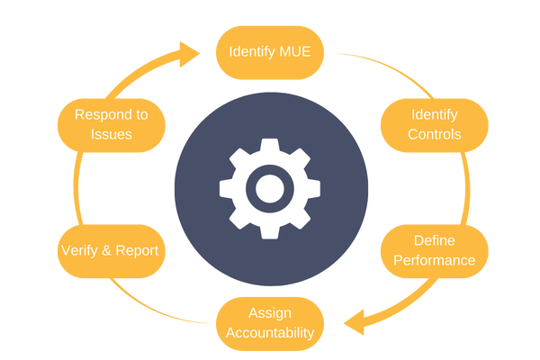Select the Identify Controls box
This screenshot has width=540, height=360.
[x=434, y=124]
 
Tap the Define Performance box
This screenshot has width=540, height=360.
[x=434, y=250]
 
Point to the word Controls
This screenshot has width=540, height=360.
[x=434, y=135]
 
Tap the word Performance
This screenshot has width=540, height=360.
[x=434, y=261]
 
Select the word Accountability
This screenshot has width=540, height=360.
[x=269, y=333]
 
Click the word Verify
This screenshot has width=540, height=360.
[x=79, y=250]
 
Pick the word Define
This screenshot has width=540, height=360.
[x=434, y=240]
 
